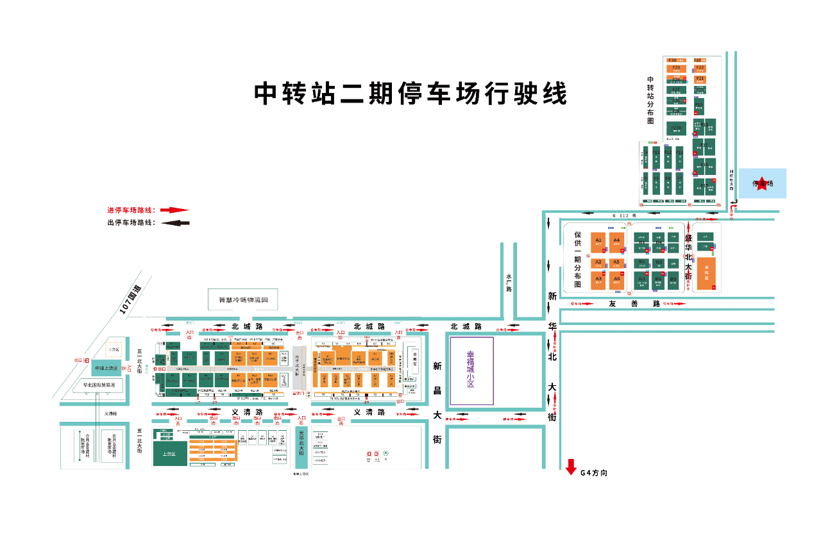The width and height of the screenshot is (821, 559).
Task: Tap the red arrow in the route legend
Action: (x=174, y=210)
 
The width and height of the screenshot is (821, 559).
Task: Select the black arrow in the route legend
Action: (x=174, y=223)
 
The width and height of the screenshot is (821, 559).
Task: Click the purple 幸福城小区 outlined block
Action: (x=471, y=371)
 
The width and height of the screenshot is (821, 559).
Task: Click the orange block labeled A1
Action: (x=598, y=241)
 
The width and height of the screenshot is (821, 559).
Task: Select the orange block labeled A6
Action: (x=616, y=279)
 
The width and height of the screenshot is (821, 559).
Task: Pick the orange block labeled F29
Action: (x=676, y=68)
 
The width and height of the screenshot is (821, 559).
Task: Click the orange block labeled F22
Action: (x=700, y=68)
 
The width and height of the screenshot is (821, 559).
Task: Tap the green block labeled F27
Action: (x=676, y=90)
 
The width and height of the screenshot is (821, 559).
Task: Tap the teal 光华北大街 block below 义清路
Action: (x=301, y=447)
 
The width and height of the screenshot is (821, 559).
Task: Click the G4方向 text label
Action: (x=593, y=473)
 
